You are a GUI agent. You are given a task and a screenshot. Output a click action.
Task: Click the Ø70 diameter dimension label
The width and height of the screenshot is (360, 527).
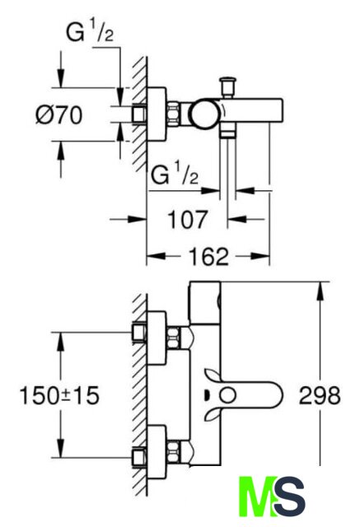point(58,115)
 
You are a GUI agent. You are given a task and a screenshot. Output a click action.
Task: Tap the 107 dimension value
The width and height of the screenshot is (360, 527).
point(187,220)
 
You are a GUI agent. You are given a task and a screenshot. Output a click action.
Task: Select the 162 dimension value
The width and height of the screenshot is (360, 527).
point(208,257)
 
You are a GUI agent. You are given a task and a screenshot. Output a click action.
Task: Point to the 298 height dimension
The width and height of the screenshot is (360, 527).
point(320,395)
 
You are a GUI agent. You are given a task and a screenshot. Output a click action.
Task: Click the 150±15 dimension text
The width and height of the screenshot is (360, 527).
point(59,395)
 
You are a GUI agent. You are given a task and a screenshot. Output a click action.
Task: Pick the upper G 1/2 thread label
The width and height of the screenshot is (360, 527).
point(90,34)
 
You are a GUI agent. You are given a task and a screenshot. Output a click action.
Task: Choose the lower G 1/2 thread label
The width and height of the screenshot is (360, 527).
point(175,175)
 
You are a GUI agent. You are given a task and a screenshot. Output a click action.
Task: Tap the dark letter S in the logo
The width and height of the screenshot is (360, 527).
point(289,497)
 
